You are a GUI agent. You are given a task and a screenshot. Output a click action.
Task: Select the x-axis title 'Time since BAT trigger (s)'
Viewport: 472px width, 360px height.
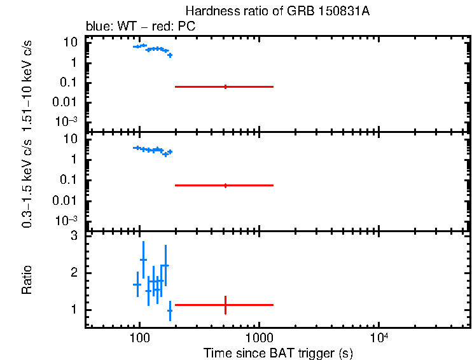tap(278, 352)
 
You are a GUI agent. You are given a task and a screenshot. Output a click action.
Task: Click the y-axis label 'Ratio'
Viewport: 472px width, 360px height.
tap(27, 280)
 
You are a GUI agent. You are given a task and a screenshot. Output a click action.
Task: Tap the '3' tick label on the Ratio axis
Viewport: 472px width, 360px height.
tap(74, 236)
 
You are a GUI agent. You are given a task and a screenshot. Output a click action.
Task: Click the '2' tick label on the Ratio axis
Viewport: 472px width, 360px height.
tap(74, 273)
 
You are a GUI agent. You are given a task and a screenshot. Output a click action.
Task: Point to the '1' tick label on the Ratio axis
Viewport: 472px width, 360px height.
tap(74, 310)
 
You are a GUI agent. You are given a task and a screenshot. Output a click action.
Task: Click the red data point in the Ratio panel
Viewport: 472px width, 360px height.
tap(225, 305)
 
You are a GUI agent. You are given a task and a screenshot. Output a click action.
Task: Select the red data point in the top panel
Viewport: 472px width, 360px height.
tap(225, 87)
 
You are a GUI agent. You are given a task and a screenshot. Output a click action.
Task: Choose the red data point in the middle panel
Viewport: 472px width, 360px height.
tap(225, 185)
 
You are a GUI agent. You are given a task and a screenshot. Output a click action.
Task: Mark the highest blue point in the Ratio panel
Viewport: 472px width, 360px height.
tap(143, 260)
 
